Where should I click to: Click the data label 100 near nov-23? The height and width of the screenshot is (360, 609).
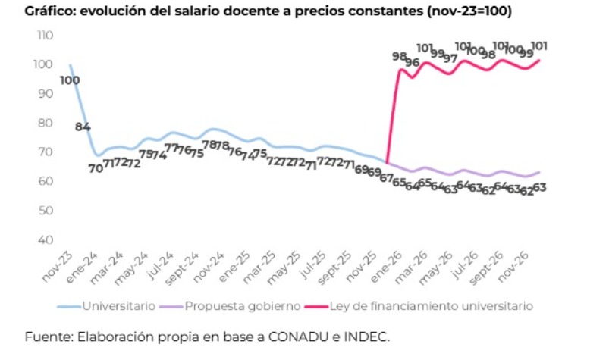tap(71, 80)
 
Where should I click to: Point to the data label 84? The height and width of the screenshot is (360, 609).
tap(83, 127)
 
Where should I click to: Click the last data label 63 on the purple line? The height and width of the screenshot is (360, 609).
tap(541, 186)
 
